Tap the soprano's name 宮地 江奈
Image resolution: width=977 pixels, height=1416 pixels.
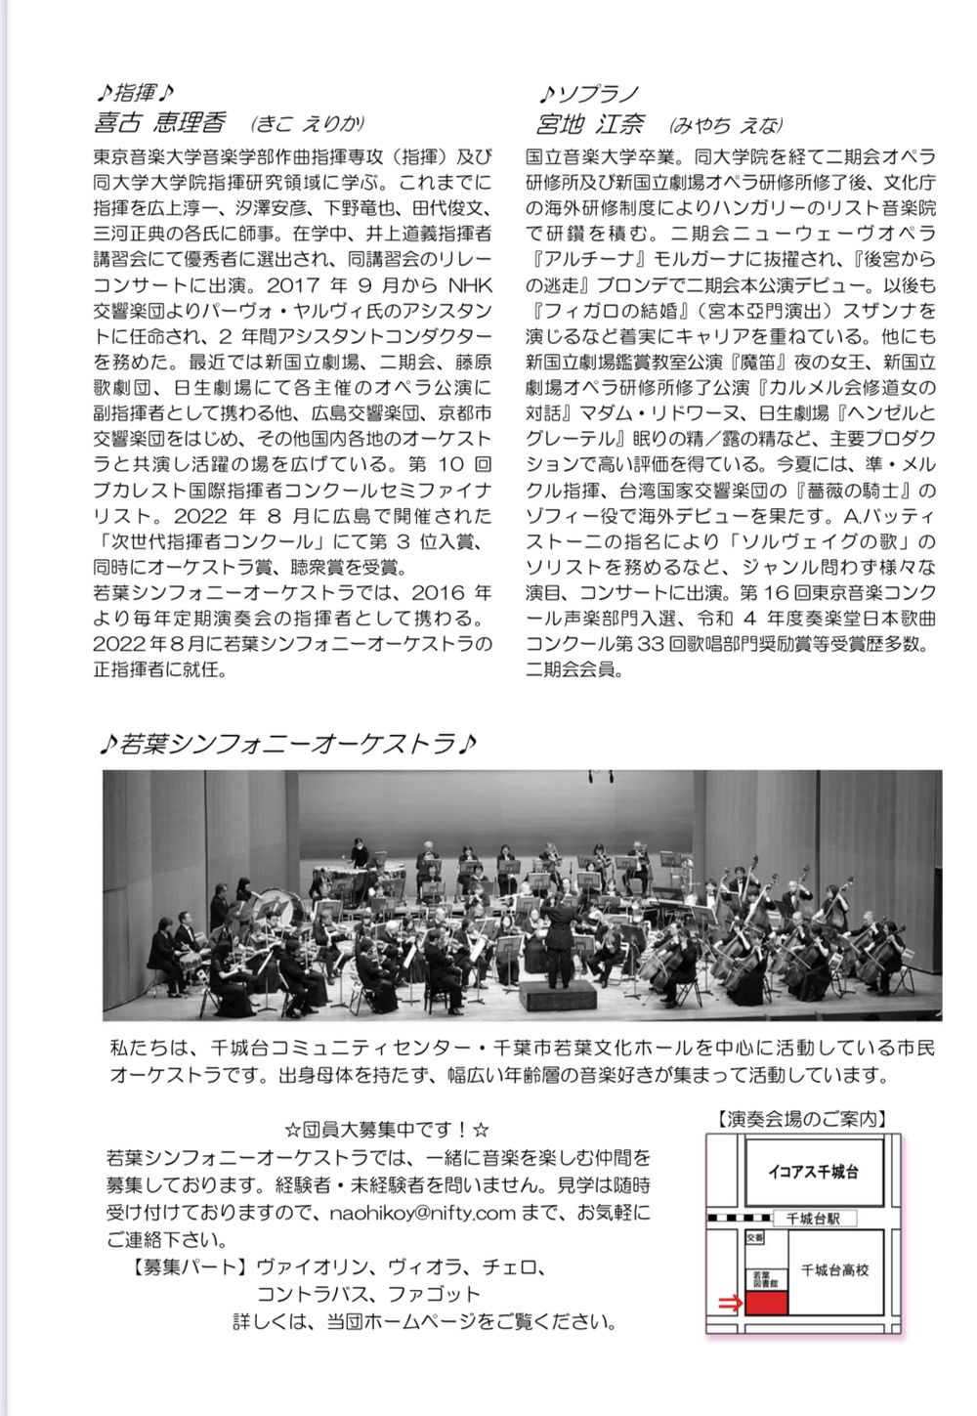tap(590, 124)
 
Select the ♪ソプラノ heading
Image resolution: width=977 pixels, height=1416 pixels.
tap(589, 94)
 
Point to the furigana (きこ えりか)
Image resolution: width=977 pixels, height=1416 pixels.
tap(307, 123)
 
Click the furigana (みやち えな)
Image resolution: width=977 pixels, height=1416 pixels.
tap(726, 125)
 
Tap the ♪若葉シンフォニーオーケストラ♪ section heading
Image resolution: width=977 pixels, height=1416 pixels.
tap(287, 745)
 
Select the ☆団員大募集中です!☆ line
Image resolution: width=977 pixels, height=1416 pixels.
tap(387, 1130)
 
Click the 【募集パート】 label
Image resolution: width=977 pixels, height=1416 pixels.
tap(188, 1267)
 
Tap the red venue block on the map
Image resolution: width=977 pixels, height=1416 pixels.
tap(765, 1303)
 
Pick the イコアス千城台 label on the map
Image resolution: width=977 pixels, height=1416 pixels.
tap(813, 1172)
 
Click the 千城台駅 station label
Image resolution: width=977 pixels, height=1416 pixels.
tap(813, 1219)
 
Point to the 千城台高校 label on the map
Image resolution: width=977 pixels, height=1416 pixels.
tap(834, 1269)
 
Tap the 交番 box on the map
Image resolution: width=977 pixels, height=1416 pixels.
tap(754, 1237)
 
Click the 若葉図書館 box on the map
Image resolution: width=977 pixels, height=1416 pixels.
tap(764, 1279)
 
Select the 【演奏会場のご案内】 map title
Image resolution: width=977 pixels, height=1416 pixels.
tap(802, 1119)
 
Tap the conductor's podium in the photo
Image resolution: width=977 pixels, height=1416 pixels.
tap(558, 997)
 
